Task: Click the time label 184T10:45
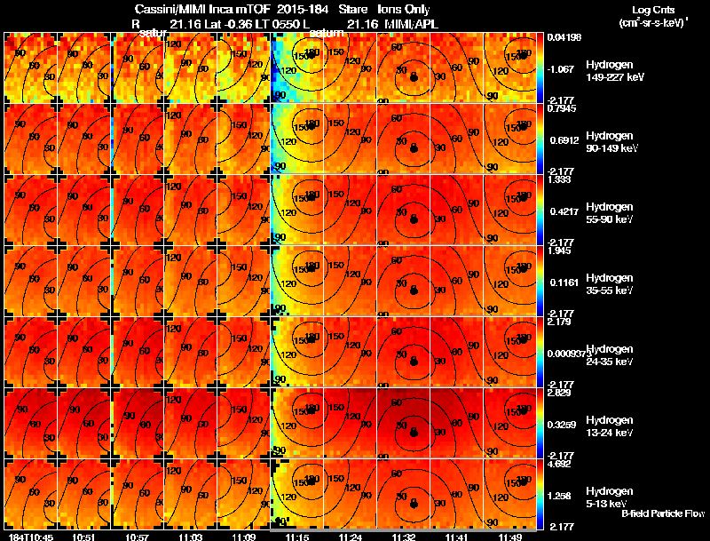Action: [29, 536]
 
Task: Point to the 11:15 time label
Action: [297, 536]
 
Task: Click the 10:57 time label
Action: [138, 536]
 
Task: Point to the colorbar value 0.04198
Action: [565, 37]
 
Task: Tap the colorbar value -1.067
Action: [564, 68]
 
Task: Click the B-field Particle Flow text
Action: [662, 513]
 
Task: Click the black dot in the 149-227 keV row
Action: [414, 79]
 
